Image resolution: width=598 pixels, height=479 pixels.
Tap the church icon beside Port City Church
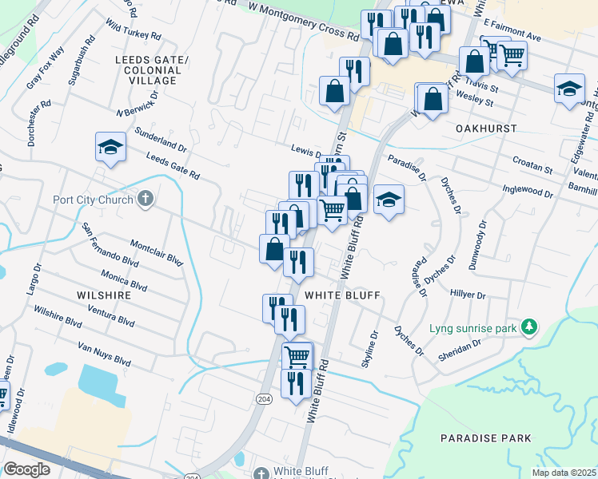tap(145, 198)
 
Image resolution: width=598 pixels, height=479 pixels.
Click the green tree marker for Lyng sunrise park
tap(528, 327)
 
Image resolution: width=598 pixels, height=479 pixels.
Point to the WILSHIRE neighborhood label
tap(104, 295)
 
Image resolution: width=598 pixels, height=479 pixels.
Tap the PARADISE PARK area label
tap(486, 438)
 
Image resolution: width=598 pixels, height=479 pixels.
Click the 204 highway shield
tap(265, 398)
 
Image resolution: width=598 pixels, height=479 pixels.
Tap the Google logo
tap(26, 469)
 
